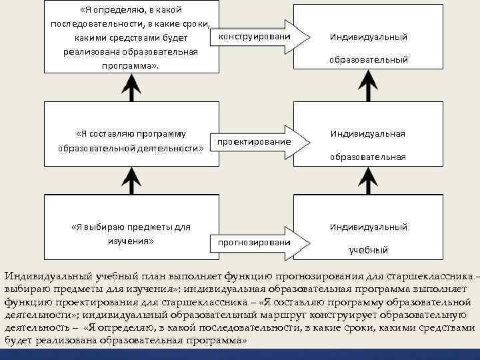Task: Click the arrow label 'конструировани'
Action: pos(254,35)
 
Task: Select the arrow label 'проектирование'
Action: pos(254,142)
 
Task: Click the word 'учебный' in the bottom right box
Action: pos(368,251)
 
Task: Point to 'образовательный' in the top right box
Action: pos(368,59)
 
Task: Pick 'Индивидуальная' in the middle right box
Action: pos(368,133)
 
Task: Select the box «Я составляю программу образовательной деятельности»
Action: pos(131,140)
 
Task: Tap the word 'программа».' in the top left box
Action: pos(131,66)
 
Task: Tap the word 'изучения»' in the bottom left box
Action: pos(131,240)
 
